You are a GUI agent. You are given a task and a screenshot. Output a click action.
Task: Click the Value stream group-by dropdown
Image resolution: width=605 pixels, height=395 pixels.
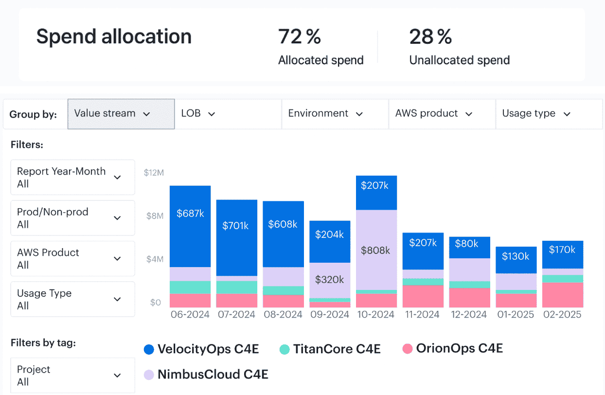pos(121,114)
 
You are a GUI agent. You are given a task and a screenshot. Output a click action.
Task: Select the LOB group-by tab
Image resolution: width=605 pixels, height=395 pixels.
pos(228,114)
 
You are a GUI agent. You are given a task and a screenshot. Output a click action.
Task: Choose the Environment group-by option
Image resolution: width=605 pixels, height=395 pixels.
pos(335,114)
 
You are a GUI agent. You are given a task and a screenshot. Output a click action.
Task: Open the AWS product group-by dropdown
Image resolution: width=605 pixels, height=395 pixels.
pos(442,114)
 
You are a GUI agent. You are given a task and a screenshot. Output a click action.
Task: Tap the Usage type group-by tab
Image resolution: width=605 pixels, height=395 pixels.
pos(549,114)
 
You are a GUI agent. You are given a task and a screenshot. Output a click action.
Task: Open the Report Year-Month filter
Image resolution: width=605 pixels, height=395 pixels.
pos(72,178)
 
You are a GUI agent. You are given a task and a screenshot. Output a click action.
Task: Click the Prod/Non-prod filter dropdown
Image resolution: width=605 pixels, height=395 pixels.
pos(72,218)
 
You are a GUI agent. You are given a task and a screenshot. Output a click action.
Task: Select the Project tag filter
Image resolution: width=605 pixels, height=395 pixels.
pos(72,376)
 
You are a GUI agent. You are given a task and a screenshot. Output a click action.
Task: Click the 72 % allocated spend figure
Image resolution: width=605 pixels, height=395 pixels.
pos(300,37)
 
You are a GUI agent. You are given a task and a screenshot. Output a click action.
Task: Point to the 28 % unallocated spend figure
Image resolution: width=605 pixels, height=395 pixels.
pos(430,37)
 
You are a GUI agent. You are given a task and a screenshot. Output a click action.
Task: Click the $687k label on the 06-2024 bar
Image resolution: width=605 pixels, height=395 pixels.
pos(190,213)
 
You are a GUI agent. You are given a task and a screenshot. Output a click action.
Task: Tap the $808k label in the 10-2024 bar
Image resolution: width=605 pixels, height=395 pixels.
pos(376,251)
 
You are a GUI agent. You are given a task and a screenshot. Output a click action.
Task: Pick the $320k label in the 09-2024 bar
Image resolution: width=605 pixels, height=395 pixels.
pos(330,280)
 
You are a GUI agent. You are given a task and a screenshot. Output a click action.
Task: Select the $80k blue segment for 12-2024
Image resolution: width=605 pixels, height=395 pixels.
pos(469,244)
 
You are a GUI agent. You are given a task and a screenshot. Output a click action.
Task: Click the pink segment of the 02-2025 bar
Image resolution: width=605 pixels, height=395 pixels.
pos(563,295)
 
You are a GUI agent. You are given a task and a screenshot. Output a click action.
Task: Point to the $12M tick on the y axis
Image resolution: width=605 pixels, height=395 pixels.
pos(154,173)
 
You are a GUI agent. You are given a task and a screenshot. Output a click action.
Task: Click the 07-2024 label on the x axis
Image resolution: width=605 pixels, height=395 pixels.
pos(236,315)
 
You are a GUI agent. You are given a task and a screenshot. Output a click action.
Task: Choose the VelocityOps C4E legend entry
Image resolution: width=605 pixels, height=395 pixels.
pos(202,349)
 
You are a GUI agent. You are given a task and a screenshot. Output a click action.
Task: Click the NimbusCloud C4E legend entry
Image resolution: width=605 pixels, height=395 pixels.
pos(206,375)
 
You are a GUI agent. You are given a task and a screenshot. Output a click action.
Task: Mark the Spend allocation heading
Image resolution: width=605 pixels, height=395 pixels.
pos(114,37)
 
